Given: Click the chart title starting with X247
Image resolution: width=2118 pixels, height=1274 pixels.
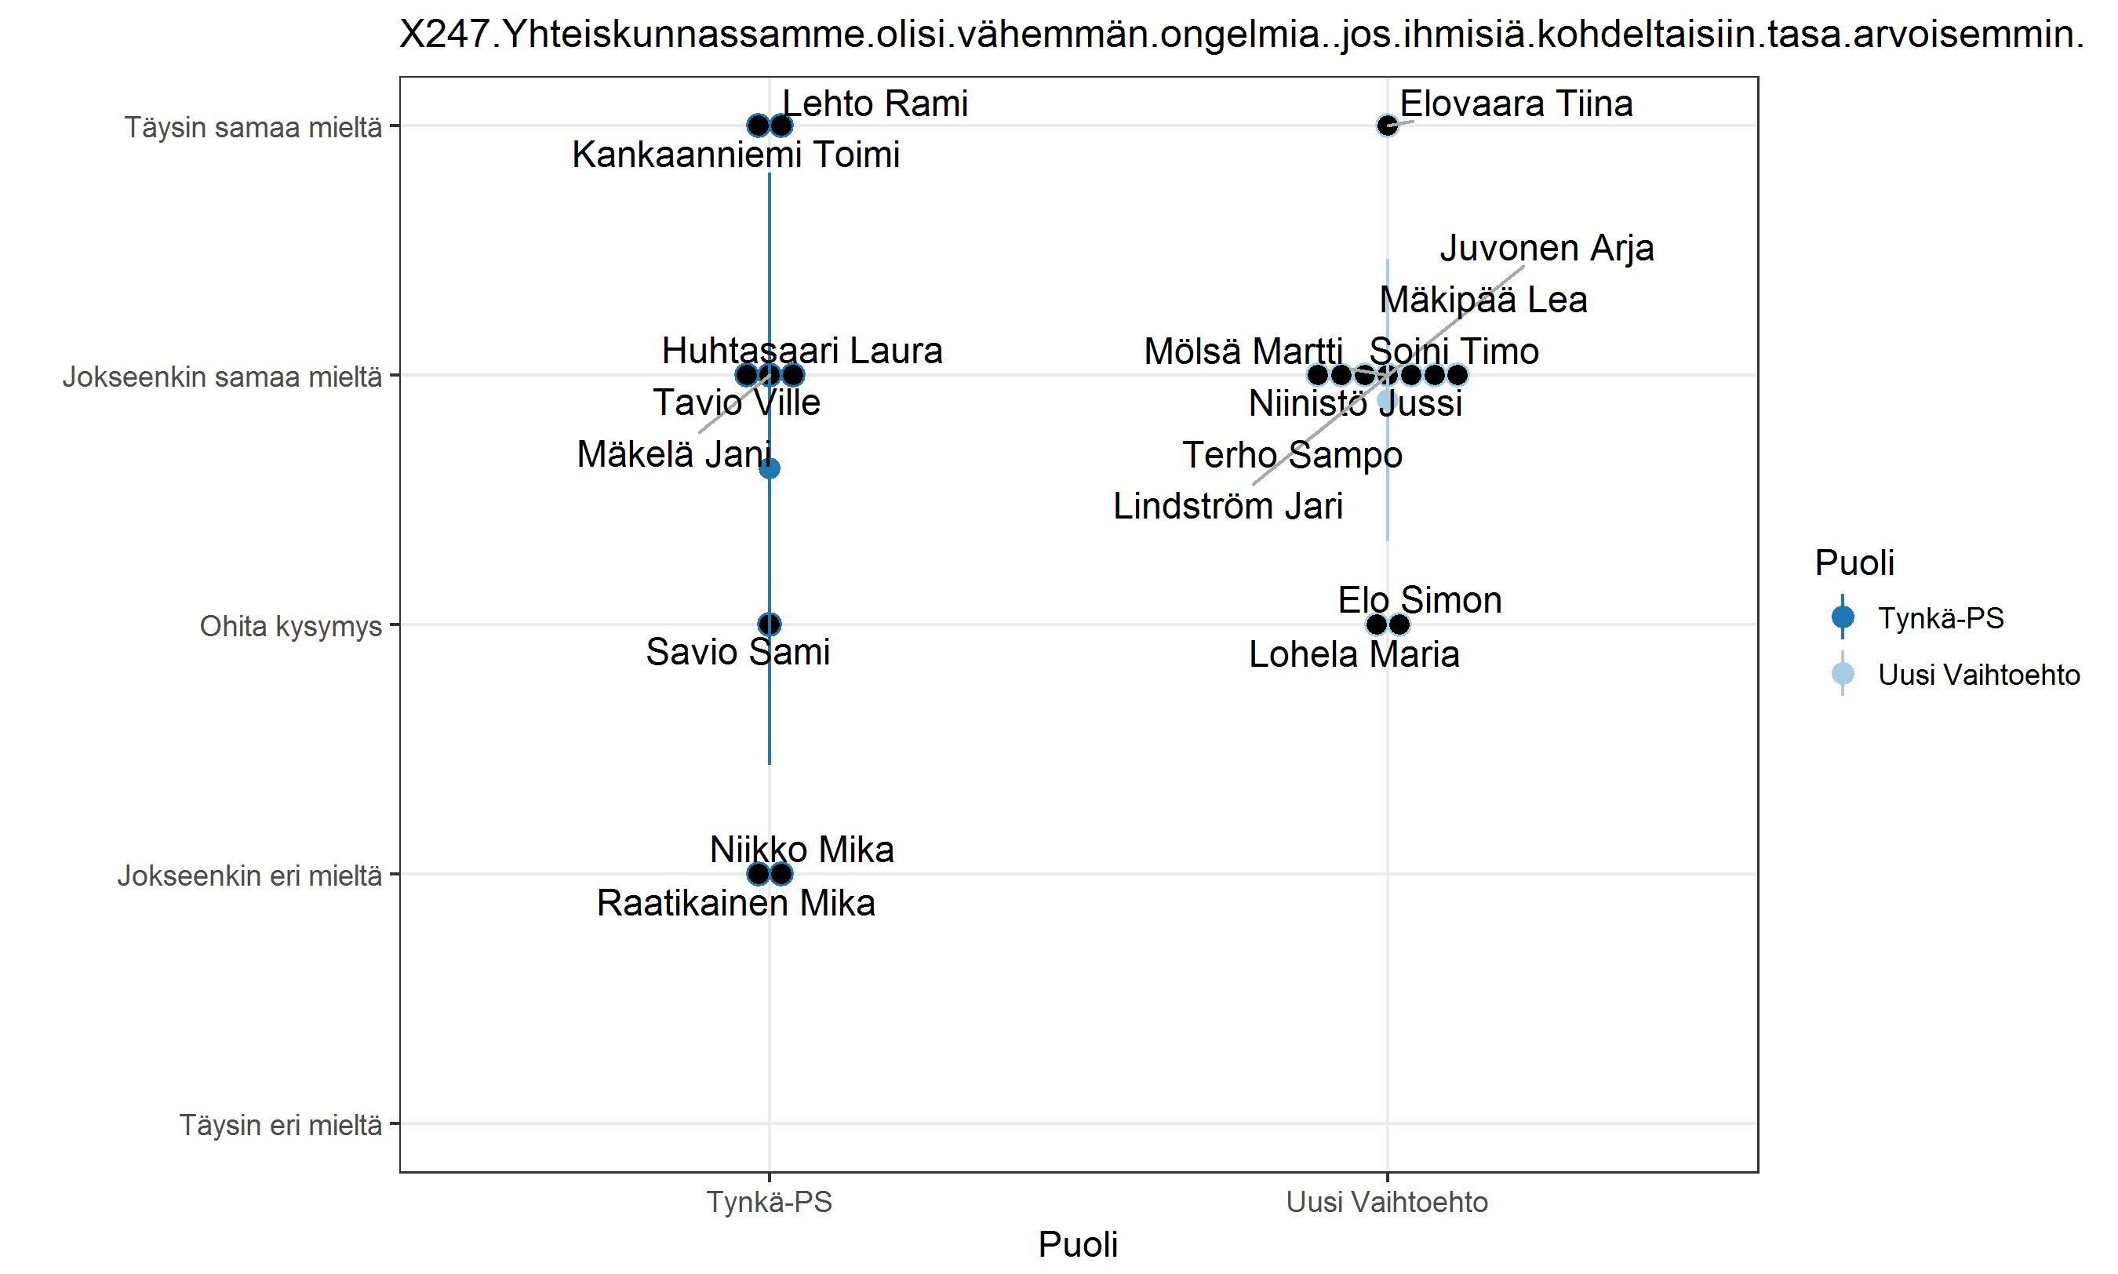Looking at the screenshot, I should tap(1241, 35).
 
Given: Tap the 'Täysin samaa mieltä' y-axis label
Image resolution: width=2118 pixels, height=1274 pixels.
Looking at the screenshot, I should tap(253, 127).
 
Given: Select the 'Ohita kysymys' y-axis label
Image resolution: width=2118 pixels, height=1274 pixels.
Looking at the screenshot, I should tap(290, 626).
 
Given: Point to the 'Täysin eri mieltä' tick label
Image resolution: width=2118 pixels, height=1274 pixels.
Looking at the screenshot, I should tap(280, 1125).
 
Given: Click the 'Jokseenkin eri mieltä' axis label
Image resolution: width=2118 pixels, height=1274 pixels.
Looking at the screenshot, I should tap(249, 875).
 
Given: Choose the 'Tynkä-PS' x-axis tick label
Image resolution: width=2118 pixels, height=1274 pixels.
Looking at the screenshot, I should tap(769, 1202).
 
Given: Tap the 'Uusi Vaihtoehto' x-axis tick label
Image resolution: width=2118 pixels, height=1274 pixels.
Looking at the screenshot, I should tap(1386, 1202).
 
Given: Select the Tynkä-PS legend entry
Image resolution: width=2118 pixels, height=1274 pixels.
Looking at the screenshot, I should tap(1939, 618).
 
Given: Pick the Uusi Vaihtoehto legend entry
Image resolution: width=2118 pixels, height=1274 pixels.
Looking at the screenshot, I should tap(1978, 675).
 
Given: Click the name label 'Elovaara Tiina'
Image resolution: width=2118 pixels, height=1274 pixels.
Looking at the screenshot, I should tap(1516, 104).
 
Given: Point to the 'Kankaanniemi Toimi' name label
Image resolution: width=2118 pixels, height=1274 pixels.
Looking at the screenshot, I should tap(736, 155).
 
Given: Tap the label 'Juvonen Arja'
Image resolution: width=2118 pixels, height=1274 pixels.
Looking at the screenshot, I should tap(1546, 248).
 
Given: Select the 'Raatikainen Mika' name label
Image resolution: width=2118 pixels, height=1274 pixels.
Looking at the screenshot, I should tap(736, 903).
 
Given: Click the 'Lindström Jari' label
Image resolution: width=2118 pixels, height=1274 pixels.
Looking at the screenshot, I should tap(1227, 507).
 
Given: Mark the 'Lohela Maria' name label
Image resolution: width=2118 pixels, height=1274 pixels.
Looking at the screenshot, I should tap(1353, 655).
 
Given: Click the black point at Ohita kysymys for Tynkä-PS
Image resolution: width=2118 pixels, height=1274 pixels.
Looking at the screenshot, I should tap(769, 624).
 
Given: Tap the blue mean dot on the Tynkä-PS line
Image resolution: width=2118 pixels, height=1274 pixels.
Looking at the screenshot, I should tap(769, 468).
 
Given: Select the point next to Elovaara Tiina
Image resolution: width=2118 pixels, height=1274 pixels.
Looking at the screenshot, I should tap(1387, 126).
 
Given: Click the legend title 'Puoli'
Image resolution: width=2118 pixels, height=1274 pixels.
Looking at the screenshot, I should tap(1854, 563).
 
